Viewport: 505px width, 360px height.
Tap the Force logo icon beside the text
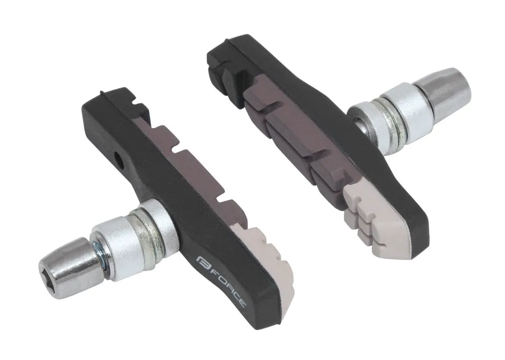[x=200, y=260]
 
